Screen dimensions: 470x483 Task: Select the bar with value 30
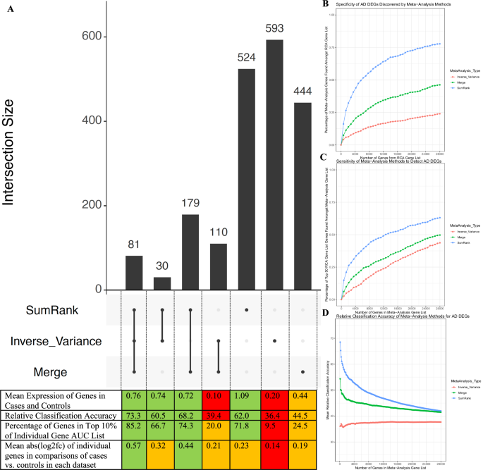163,283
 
